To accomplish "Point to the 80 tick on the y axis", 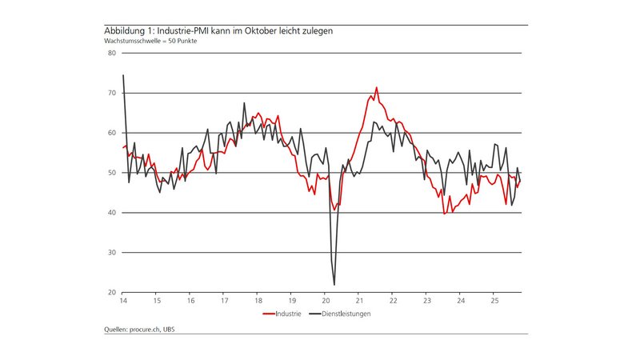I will point(111,54).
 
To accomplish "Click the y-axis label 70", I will point(111,94).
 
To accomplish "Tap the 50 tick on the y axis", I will point(111,173).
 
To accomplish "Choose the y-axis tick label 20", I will point(111,293).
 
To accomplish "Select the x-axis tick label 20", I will point(325,301).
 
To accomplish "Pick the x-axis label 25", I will point(494,301).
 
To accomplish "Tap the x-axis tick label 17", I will point(224,301).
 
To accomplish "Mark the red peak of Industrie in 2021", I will point(377,88).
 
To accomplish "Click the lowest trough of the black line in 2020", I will point(334,284).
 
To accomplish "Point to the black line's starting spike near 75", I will point(123,75).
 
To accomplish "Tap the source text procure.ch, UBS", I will point(141,330).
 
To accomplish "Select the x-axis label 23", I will point(426,301).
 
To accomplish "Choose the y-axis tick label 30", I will point(111,253).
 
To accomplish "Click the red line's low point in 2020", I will point(334,210).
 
